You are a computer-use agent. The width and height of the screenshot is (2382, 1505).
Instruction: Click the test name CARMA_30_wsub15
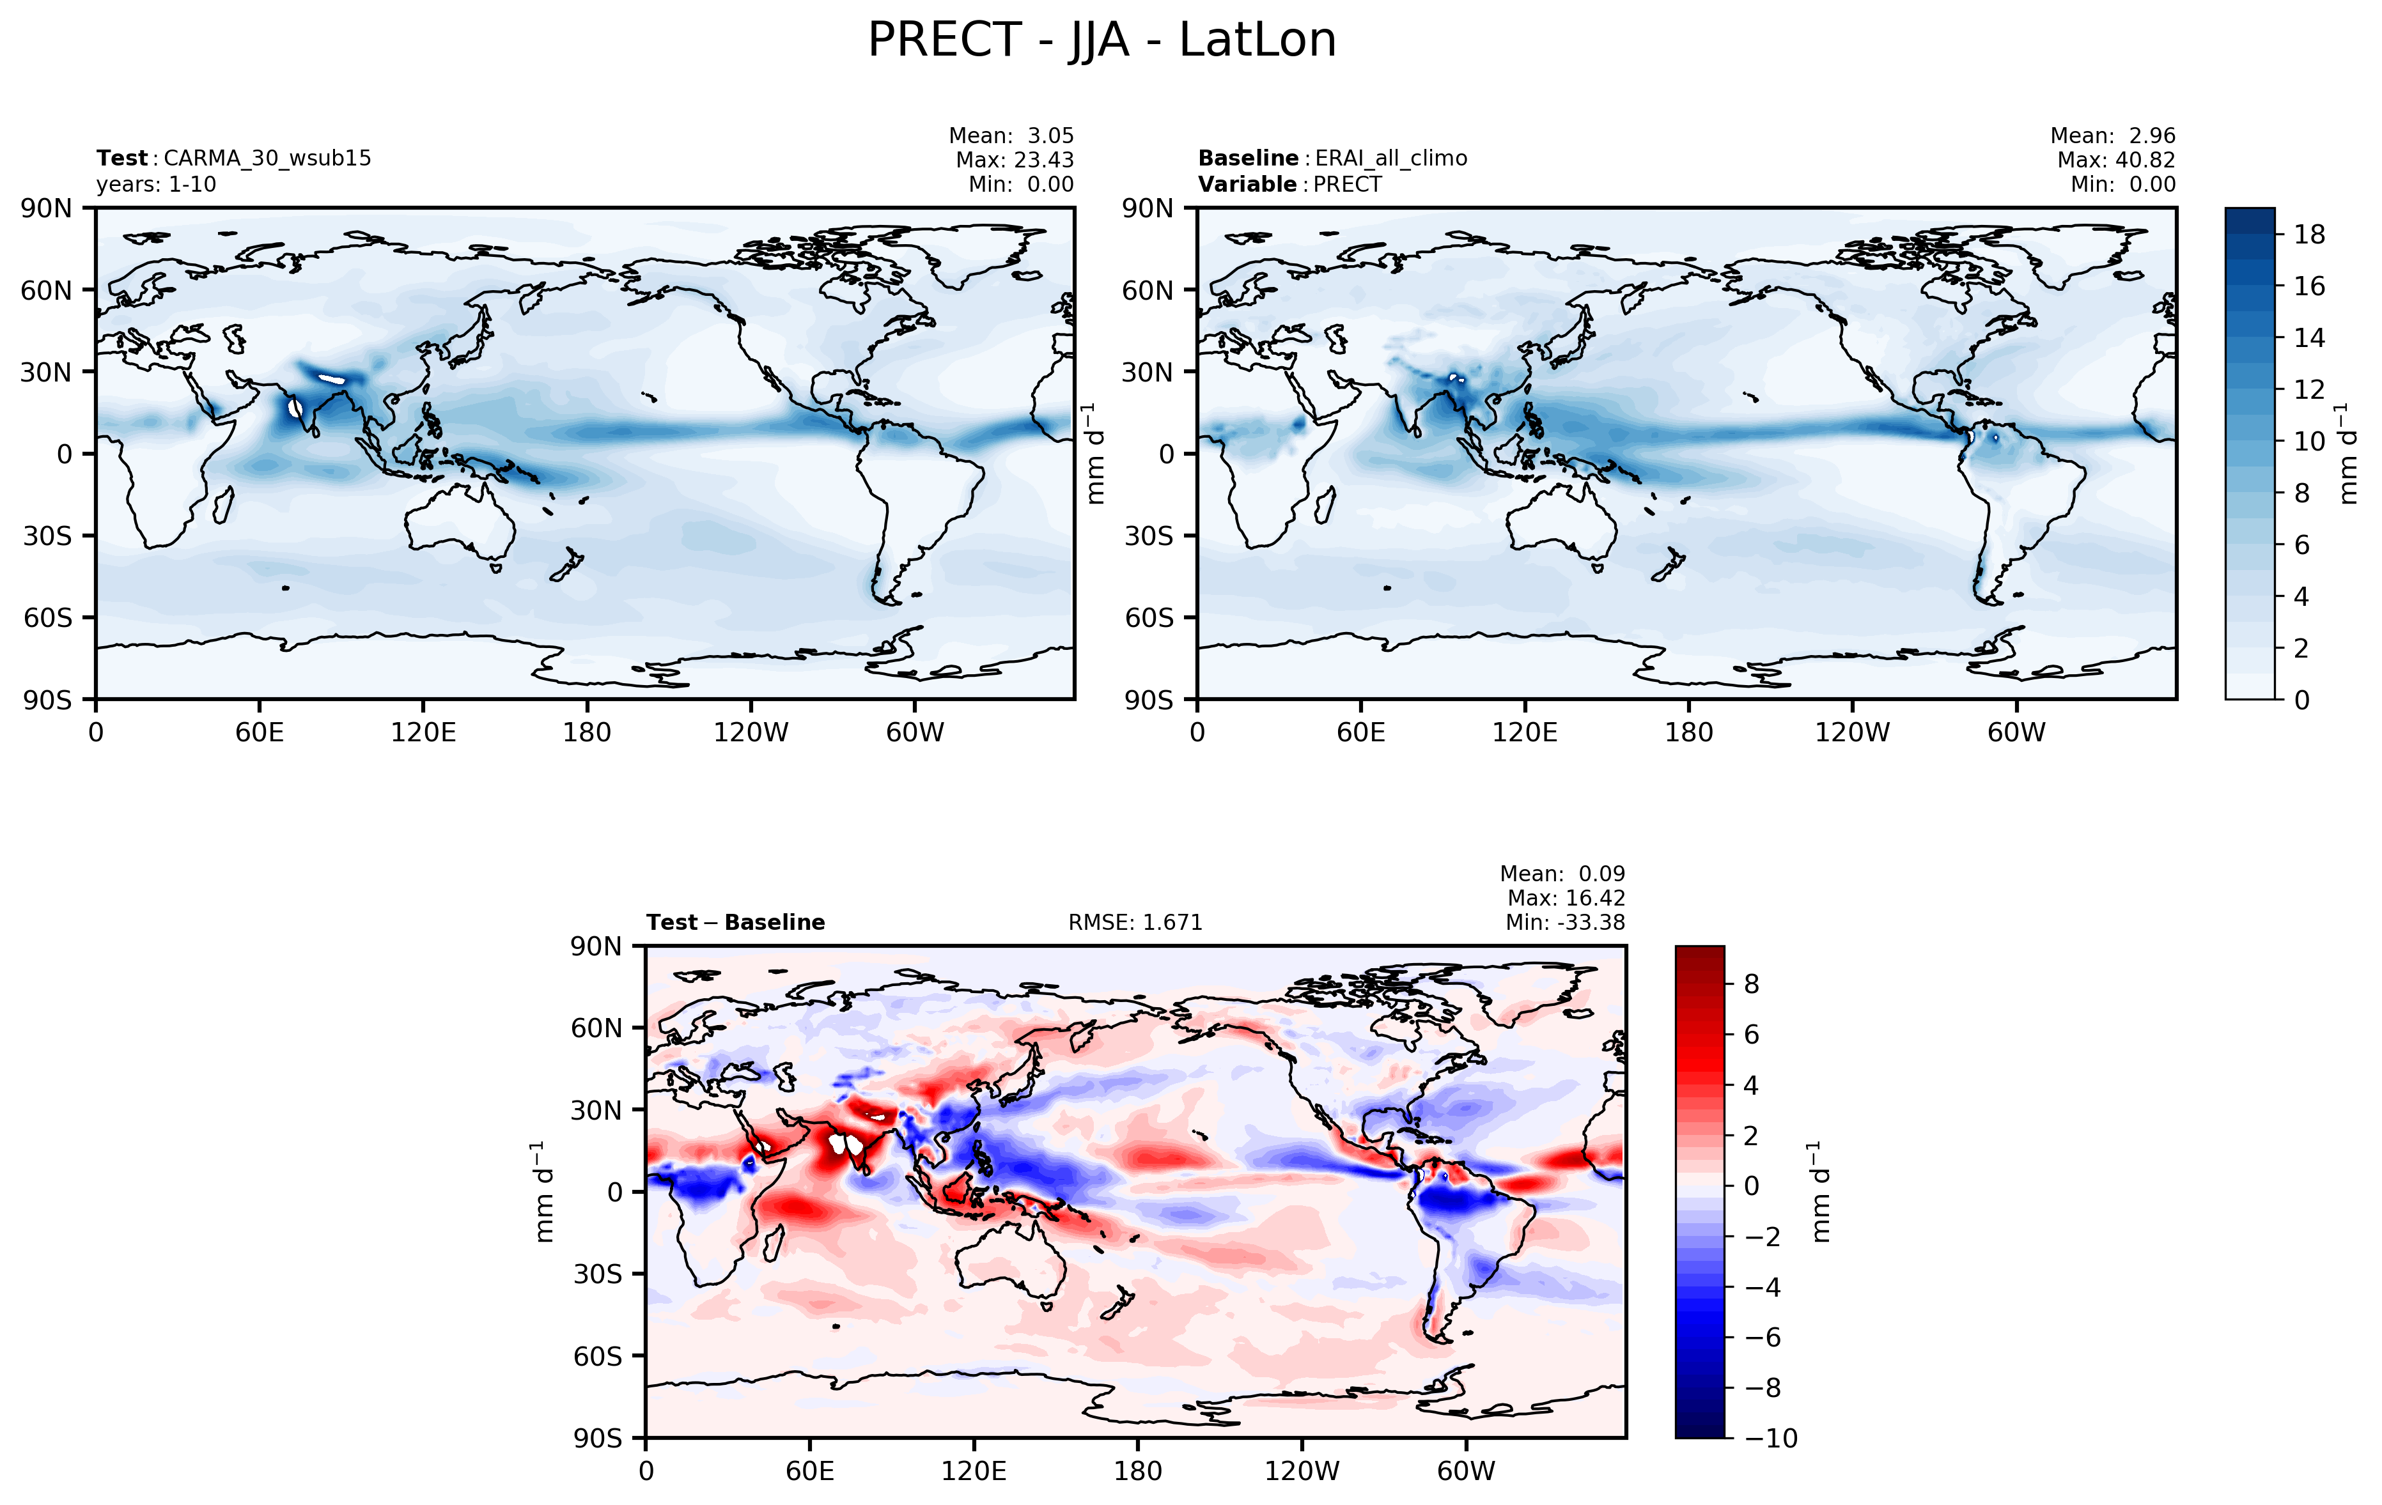pyautogui.click(x=267, y=158)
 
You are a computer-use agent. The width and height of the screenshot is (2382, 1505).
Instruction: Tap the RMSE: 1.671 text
pyautogui.click(x=1135, y=923)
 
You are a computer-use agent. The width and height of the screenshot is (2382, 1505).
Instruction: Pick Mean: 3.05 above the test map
pyautogui.click(x=1011, y=135)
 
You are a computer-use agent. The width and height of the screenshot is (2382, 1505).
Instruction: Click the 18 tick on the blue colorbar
pyautogui.click(x=2308, y=235)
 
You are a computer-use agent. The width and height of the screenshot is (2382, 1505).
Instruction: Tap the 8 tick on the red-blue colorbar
pyautogui.click(x=1751, y=984)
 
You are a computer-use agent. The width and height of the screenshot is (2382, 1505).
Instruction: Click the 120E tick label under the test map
pyautogui.click(x=423, y=733)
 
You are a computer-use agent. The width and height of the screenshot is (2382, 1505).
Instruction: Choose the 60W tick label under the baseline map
pyautogui.click(x=2015, y=733)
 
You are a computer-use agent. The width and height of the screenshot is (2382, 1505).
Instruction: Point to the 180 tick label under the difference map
pyautogui.click(x=1137, y=1471)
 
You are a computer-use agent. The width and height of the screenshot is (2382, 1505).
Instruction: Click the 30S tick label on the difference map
pyautogui.click(x=598, y=1274)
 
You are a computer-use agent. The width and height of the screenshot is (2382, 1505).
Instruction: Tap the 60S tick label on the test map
pyautogui.click(x=47, y=618)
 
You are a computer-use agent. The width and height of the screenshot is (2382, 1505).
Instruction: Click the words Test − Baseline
pyautogui.click(x=735, y=923)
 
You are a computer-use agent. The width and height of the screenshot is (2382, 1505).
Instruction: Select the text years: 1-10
pyautogui.click(x=155, y=185)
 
